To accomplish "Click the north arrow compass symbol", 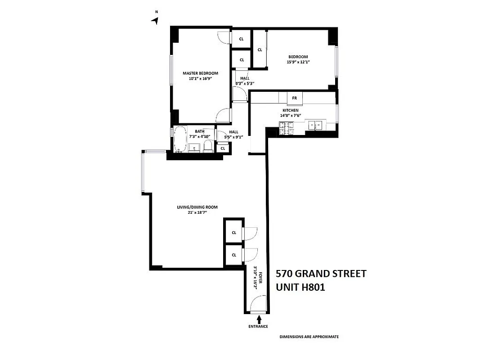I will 155,20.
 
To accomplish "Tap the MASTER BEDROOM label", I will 200,73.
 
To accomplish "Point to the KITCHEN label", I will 290,110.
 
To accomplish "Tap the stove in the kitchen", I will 286,129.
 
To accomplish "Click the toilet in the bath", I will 208,146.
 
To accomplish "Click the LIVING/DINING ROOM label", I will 197,207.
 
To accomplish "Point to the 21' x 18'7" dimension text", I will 197,213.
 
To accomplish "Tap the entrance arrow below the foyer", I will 259,319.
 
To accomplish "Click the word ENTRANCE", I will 258,327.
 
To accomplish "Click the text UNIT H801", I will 300,287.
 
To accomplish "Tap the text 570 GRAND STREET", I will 321,274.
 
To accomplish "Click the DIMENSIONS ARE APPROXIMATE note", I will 309,337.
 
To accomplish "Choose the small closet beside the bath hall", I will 223,148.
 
